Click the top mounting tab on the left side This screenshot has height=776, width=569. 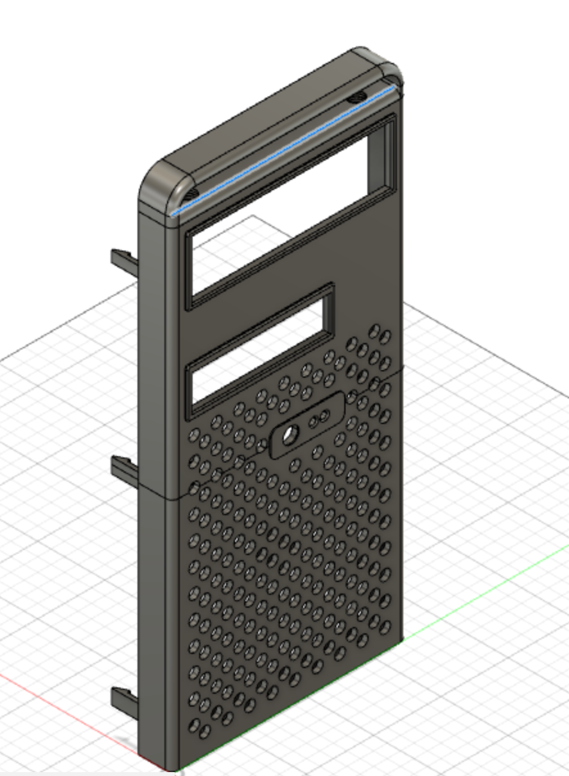coord(123,261)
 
